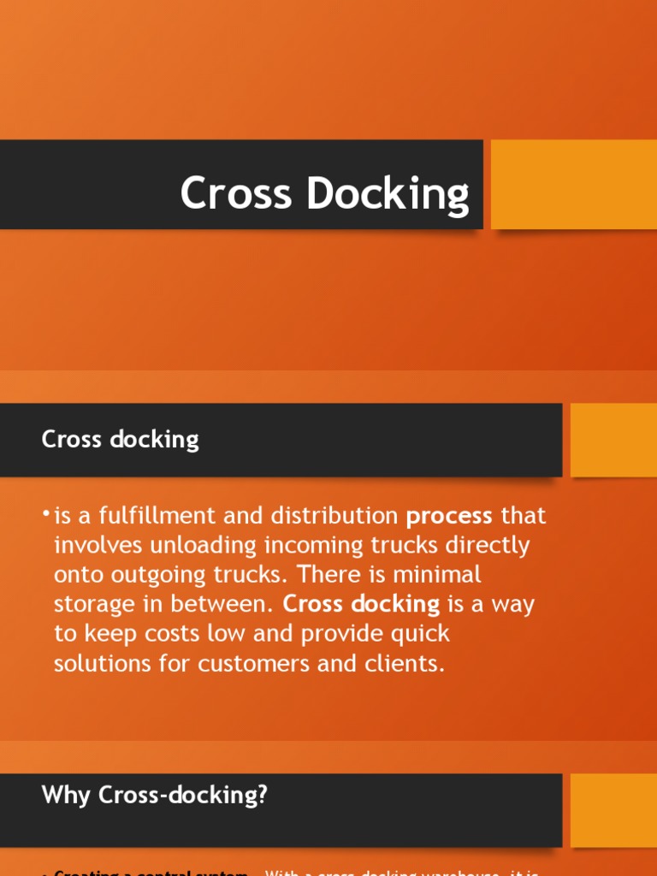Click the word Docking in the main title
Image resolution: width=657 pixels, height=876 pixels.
388,195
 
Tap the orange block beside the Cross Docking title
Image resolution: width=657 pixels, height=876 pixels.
573,184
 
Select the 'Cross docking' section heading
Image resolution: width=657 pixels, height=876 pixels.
121,440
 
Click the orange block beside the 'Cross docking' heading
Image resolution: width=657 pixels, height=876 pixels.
613,440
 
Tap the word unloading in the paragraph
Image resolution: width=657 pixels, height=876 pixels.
192,547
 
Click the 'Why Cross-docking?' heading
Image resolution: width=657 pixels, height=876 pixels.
155,796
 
